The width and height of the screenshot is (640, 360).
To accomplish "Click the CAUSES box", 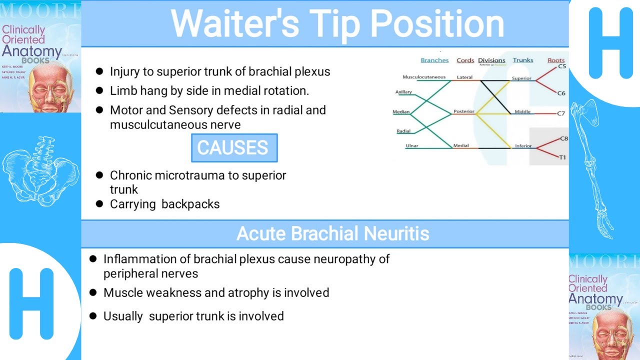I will tap(234, 148).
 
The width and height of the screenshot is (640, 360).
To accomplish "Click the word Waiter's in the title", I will tap(235, 23).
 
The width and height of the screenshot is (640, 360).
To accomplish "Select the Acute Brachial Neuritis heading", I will tap(332, 233).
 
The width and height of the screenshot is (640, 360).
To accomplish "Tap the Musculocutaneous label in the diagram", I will tap(424, 77).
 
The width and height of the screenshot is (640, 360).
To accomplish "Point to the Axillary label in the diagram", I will tap(403, 92).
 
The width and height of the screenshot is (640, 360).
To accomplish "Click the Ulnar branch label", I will tap(412, 146).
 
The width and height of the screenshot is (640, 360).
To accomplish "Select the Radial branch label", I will tap(403, 131).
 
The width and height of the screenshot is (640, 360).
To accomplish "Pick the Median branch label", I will tap(401, 112).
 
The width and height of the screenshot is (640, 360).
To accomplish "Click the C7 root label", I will tap(561, 113).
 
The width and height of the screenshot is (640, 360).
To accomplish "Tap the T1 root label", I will tap(562, 157).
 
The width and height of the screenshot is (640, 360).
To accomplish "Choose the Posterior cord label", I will tap(463, 111).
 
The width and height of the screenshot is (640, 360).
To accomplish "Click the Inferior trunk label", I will tap(523, 146).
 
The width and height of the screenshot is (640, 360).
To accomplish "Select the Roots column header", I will tap(555, 60).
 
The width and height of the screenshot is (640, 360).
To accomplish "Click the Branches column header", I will tap(434, 60).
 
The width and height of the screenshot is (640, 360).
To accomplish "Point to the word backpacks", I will tap(192, 204).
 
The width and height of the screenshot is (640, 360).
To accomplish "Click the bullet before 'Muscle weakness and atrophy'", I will tap(93, 292).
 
